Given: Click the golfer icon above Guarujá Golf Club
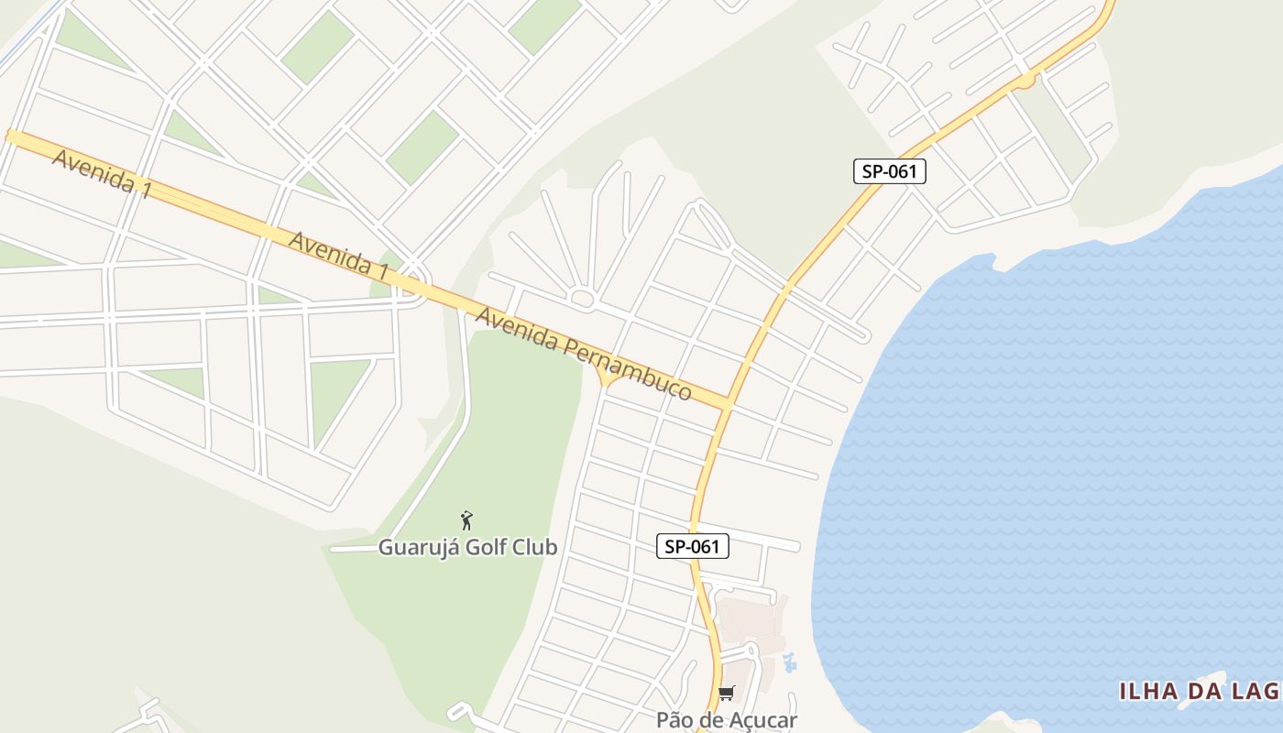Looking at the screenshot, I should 466,520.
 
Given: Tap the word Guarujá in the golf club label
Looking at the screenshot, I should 415,548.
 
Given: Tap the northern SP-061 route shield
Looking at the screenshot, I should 889,171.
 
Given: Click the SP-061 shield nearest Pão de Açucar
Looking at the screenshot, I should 693,547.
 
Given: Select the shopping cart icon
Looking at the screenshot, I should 726,693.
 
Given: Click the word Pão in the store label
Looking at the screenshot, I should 674,720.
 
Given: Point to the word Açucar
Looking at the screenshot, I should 760,720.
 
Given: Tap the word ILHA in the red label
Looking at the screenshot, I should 1148,691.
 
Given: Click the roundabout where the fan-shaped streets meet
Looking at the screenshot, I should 583,298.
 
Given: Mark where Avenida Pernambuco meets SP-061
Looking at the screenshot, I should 728,403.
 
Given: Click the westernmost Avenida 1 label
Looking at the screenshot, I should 101,174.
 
